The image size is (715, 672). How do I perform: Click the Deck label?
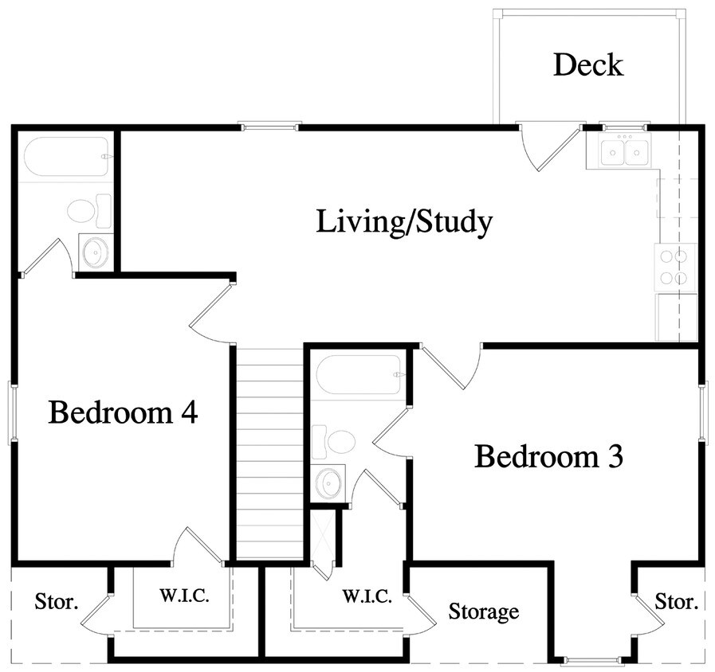point(588,64)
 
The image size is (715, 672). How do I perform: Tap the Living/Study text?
point(404,222)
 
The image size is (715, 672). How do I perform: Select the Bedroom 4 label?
point(123,412)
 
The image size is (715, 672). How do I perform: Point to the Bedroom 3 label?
point(548,457)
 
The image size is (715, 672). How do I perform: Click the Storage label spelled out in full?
point(483,611)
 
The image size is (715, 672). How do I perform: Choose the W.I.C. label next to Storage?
point(367,596)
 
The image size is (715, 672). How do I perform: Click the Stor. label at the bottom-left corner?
point(57,601)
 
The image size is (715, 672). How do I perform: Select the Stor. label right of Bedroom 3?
point(676,601)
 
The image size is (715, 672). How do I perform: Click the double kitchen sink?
point(625,151)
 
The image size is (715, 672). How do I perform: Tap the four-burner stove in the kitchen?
point(674,267)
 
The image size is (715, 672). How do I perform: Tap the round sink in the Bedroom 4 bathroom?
point(95,252)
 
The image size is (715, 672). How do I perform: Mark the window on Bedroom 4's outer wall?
point(12,412)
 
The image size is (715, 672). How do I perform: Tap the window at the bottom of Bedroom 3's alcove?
point(591,660)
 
